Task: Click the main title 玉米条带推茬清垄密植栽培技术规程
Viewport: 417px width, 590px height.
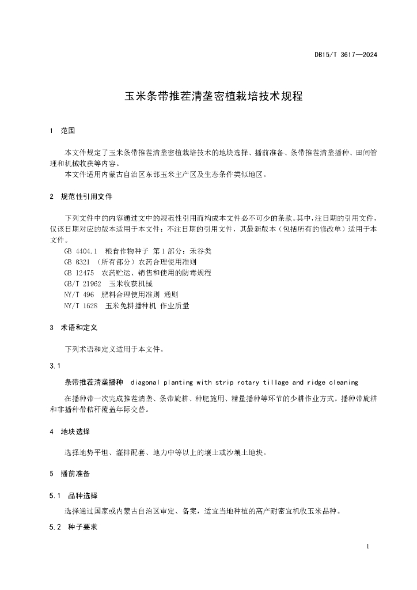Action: (x=214, y=96)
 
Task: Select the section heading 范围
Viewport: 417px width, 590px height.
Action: (x=68, y=131)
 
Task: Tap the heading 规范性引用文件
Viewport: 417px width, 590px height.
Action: (x=86, y=196)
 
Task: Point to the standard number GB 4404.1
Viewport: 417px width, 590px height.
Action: (x=81, y=251)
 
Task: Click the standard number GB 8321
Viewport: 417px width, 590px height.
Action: (x=76, y=262)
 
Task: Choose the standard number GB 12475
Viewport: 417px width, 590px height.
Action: (x=79, y=273)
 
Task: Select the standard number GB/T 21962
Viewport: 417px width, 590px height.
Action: (x=83, y=283)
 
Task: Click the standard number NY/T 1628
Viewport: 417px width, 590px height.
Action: (x=81, y=305)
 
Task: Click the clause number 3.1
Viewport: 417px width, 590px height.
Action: (x=55, y=366)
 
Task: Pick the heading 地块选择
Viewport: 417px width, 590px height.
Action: (x=75, y=431)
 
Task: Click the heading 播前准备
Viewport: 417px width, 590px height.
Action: (x=75, y=473)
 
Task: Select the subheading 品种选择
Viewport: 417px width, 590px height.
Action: (x=83, y=496)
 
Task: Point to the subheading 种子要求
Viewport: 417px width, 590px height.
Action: (x=83, y=526)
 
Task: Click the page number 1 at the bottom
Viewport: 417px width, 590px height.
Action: (x=367, y=546)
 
